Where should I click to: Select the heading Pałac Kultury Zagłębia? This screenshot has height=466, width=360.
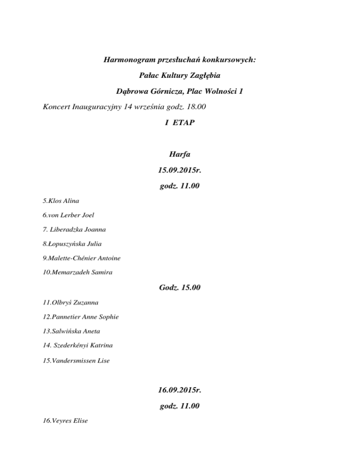tap(180, 75)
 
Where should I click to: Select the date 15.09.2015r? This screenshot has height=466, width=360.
tap(180, 170)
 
